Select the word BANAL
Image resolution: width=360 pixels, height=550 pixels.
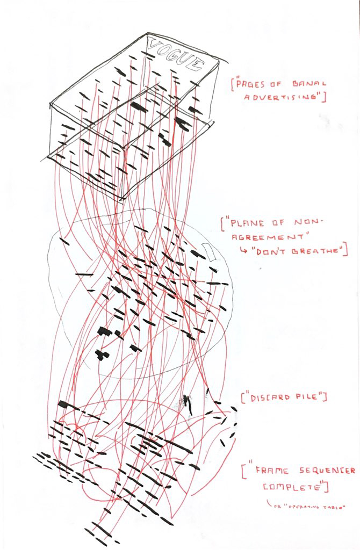pos(309,84)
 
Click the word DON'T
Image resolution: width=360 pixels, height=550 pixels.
pos(272,252)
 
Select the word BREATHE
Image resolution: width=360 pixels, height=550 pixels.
pos(316,251)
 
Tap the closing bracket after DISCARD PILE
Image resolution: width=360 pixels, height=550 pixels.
pos(325,397)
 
